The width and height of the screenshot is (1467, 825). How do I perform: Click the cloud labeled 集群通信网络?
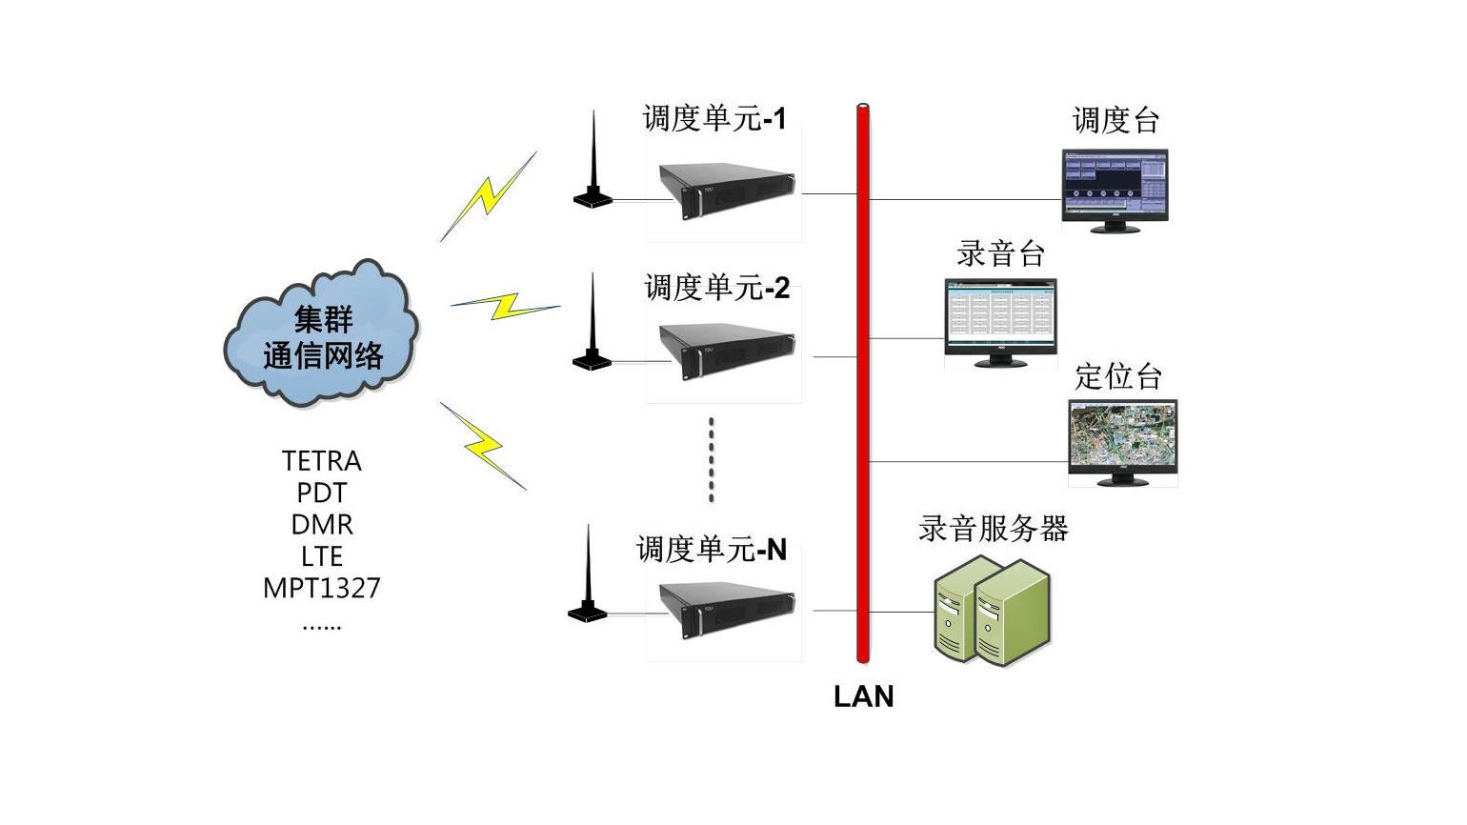click(322, 335)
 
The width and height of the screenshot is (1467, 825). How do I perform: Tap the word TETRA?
click(322, 461)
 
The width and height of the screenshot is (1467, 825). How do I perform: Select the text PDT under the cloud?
click(322, 493)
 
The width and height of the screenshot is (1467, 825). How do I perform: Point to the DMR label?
click(322, 525)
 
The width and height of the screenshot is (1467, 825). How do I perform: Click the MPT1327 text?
click(322, 588)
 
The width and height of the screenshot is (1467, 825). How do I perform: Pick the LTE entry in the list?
click(322, 556)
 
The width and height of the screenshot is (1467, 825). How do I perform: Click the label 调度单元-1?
click(714, 119)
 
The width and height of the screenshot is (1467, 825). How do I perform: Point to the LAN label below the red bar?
click(863, 696)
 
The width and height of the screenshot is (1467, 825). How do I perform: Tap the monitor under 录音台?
click(1000, 322)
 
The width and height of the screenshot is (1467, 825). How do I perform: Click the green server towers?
click(991, 610)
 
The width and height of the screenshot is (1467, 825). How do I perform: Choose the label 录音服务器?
click(993, 529)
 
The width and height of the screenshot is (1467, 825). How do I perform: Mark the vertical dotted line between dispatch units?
click(712, 459)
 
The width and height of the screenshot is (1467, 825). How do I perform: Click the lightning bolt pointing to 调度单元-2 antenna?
click(505, 306)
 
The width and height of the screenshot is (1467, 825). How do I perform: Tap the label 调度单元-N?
click(711, 550)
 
